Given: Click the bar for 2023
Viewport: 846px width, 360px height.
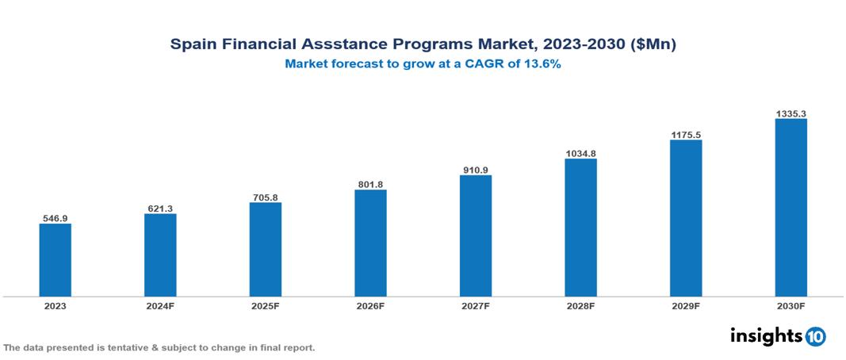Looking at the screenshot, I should [x=55, y=260].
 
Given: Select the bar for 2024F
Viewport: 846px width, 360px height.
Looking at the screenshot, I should [x=160, y=255].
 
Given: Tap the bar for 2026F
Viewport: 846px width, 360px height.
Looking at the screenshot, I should [x=370, y=243].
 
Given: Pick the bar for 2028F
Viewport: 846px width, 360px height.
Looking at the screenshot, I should [x=580, y=228].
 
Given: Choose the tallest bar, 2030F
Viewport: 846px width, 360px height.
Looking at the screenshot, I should [x=790, y=208].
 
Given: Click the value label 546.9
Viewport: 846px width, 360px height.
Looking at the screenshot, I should [x=55, y=218].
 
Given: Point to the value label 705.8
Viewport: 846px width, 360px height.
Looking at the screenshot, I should [x=265, y=197].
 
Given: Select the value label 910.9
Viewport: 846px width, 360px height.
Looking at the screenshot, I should [x=475, y=170].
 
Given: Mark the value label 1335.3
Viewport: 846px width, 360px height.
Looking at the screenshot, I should [x=790, y=114].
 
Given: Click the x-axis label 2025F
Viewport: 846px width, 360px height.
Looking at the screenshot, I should [x=265, y=305].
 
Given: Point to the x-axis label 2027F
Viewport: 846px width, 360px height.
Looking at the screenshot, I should [x=475, y=305].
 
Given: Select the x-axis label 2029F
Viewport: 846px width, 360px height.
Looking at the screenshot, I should [x=685, y=305].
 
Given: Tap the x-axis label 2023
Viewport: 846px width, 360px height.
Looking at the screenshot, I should [x=55, y=305].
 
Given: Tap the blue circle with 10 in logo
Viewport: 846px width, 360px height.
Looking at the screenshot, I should [x=815, y=336].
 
